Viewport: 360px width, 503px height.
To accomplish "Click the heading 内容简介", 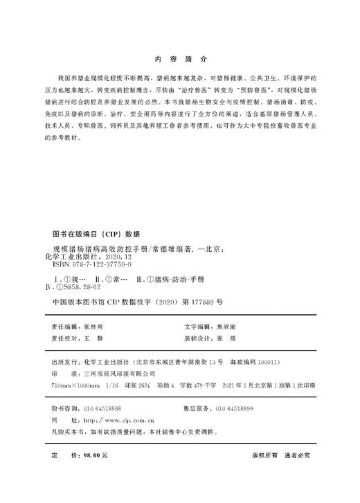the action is point(180,60).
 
